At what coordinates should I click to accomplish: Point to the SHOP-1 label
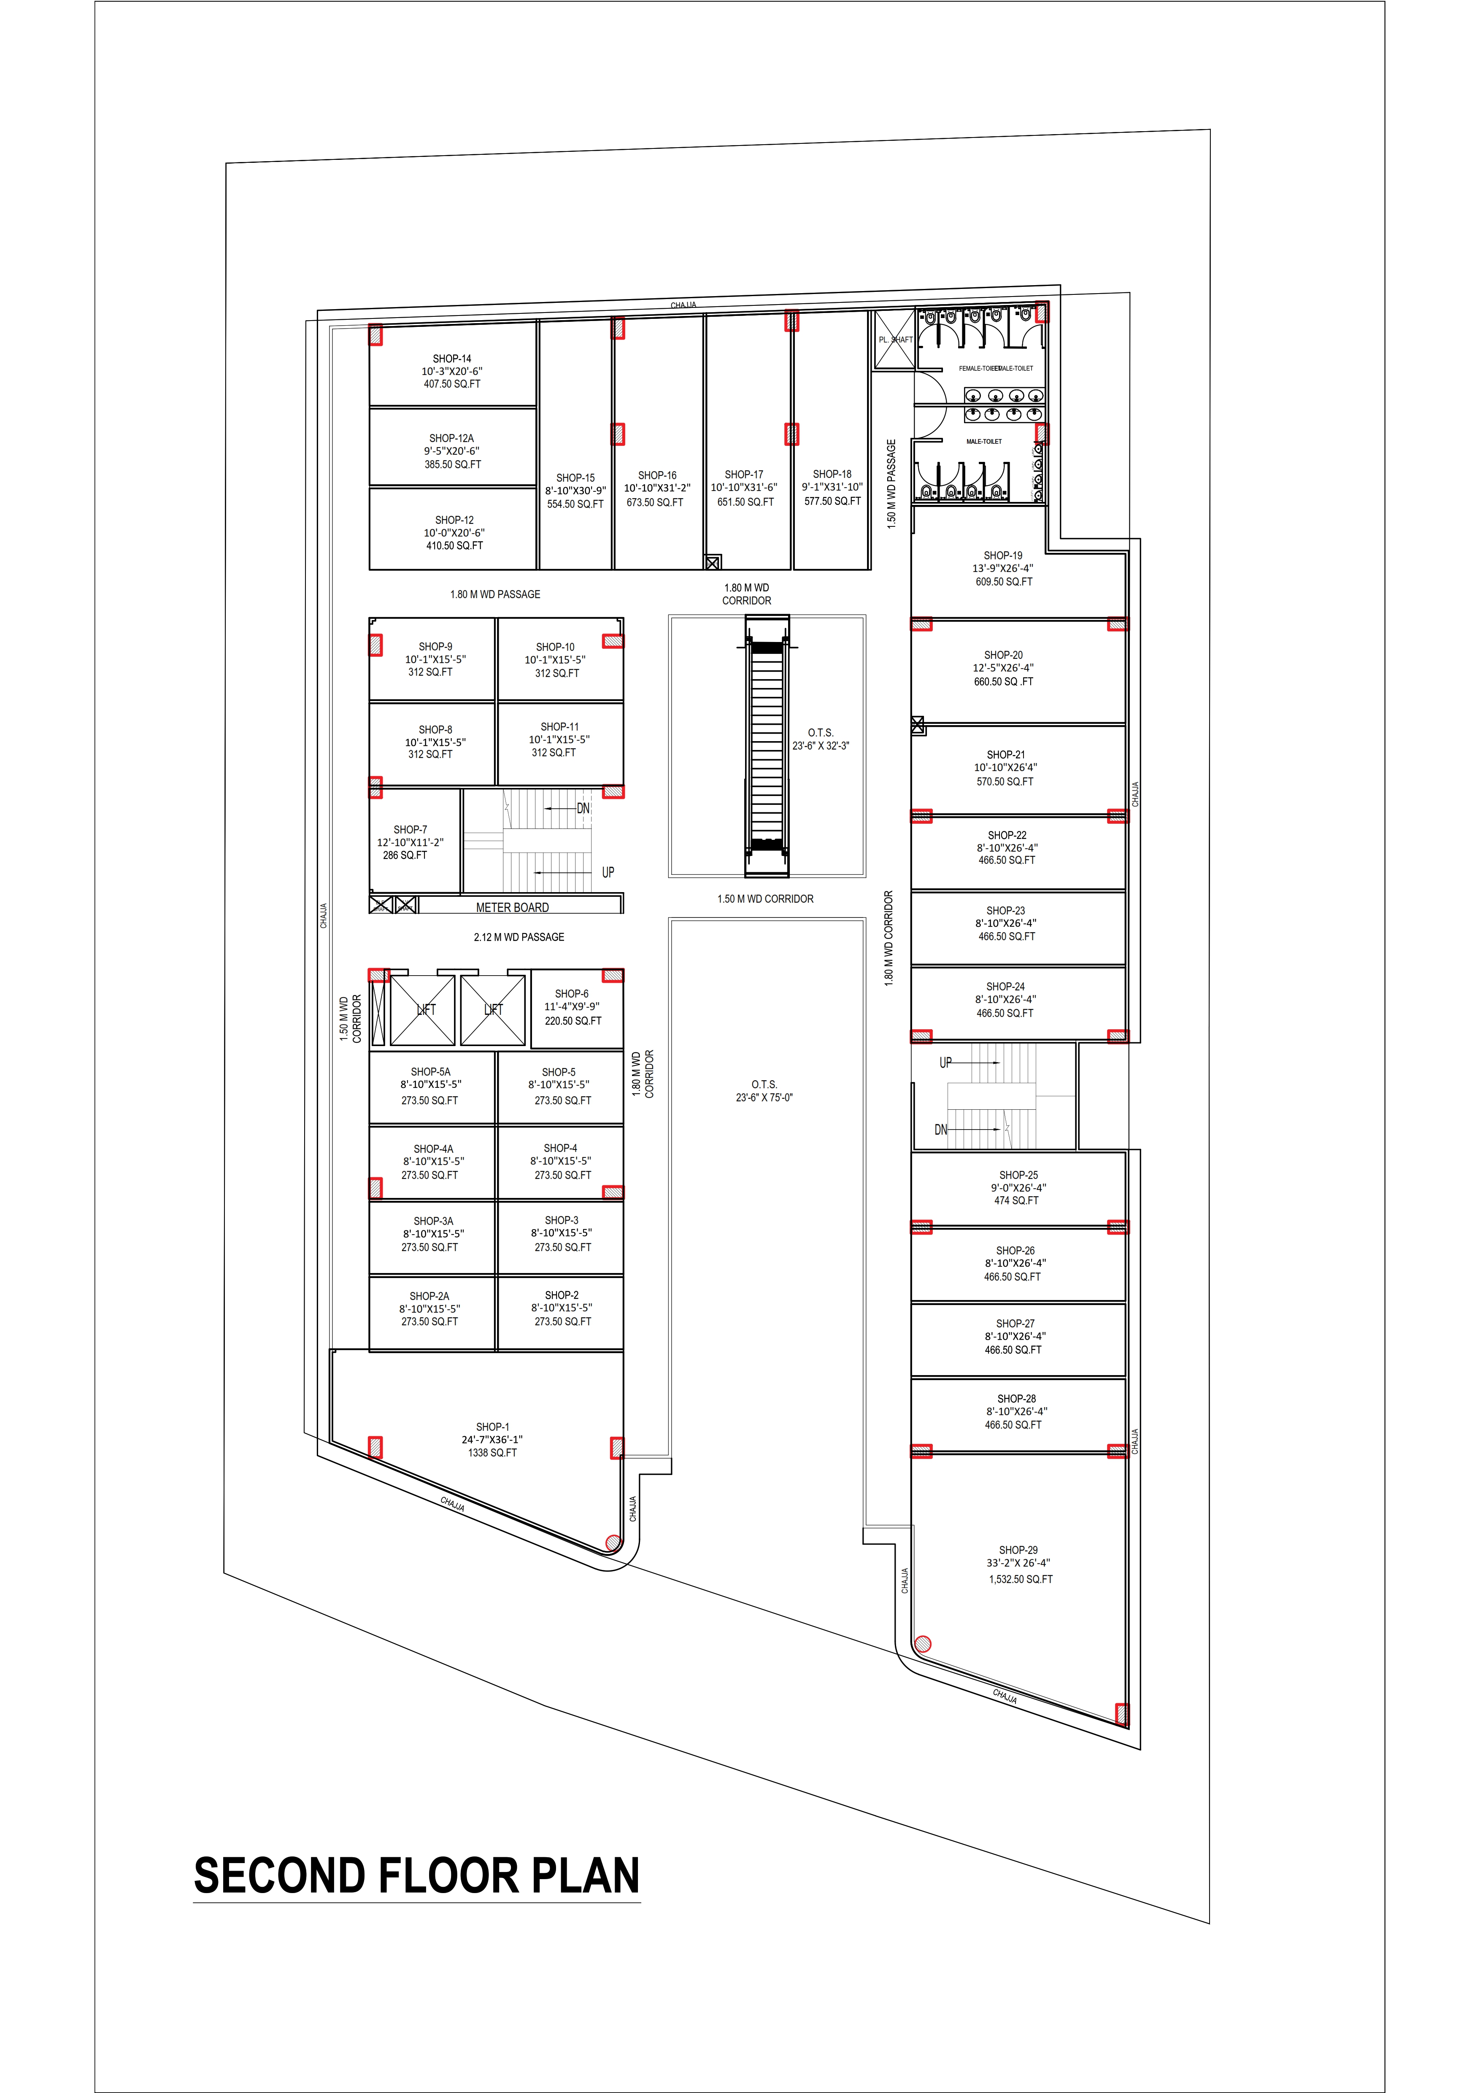click(x=492, y=1427)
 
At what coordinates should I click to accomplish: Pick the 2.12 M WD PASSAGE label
click(x=519, y=937)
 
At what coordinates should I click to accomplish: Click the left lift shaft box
click(x=422, y=1010)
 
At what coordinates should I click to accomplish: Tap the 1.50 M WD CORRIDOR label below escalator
click(x=765, y=899)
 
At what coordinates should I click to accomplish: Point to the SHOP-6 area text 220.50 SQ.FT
click(x=573, y=1021)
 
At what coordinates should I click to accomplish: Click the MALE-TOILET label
click(x=984, y=441)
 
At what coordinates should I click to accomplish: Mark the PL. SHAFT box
click(x=894, y=339)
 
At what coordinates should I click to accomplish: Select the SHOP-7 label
click(x=411, y=830)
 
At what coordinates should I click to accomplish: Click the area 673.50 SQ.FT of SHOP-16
click(x=655, y=502)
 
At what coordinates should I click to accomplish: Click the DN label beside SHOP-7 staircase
click(x=583, y=809)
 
